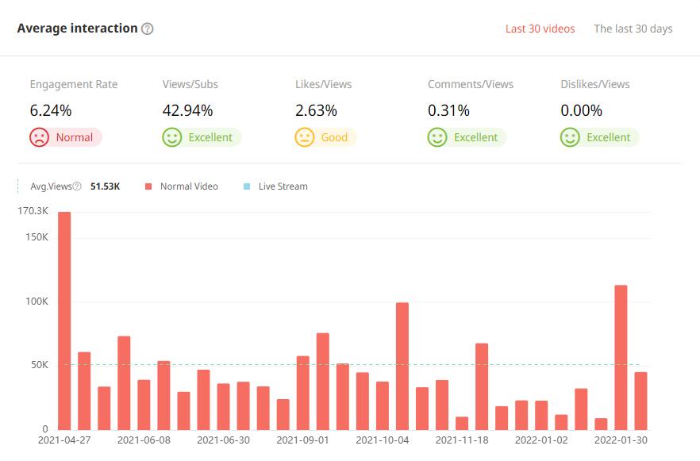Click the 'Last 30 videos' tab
[540, 29]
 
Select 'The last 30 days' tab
[633, 29]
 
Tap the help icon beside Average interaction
[147, 29]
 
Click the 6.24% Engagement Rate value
[51, 110]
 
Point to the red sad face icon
[39, 137]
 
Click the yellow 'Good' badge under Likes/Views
[325, 137]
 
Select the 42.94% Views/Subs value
[187, 110]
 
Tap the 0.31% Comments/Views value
[448, 110]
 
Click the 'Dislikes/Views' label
[595, 84]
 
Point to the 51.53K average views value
[105, 186]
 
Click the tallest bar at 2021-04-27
[64, 320]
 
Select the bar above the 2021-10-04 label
[402, 366]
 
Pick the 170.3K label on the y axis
[33, 211]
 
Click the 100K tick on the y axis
[37, 302]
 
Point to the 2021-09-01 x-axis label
[302, 439]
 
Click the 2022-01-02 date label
[541, 439]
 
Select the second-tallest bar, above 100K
[621, 357]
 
